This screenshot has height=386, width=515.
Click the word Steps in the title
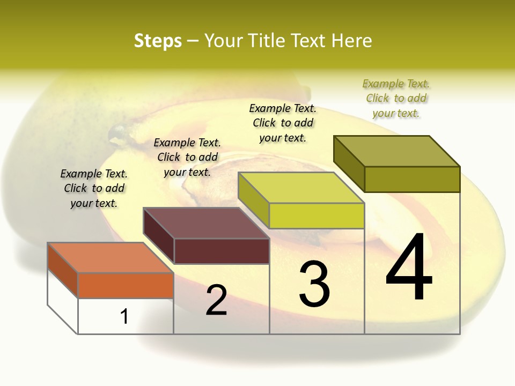tap(158, 41)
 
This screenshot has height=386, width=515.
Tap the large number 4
tap(409, 268)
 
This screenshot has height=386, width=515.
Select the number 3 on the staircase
tap(314, 284)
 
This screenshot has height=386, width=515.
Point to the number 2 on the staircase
tap(216, 300)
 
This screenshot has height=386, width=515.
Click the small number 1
tap(124, 316)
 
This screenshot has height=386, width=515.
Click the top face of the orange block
tap(110, 258)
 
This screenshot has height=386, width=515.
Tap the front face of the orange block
tap(126, 285)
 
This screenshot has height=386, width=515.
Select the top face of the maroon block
tap(206, 222)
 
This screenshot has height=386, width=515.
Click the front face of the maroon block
tap(222, 251)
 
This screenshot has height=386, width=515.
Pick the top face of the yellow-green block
tap(301, 188)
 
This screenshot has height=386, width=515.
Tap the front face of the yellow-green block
tap(317, 216)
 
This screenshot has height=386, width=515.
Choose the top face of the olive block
tap(397, 151)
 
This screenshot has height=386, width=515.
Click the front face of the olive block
tap(412, 179)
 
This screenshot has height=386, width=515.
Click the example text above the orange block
tap(94, 188)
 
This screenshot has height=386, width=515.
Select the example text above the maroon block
tap(187, 157)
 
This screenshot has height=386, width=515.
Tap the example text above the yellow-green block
tap(283, 123)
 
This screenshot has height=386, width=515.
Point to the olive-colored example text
tap(396, 98)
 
